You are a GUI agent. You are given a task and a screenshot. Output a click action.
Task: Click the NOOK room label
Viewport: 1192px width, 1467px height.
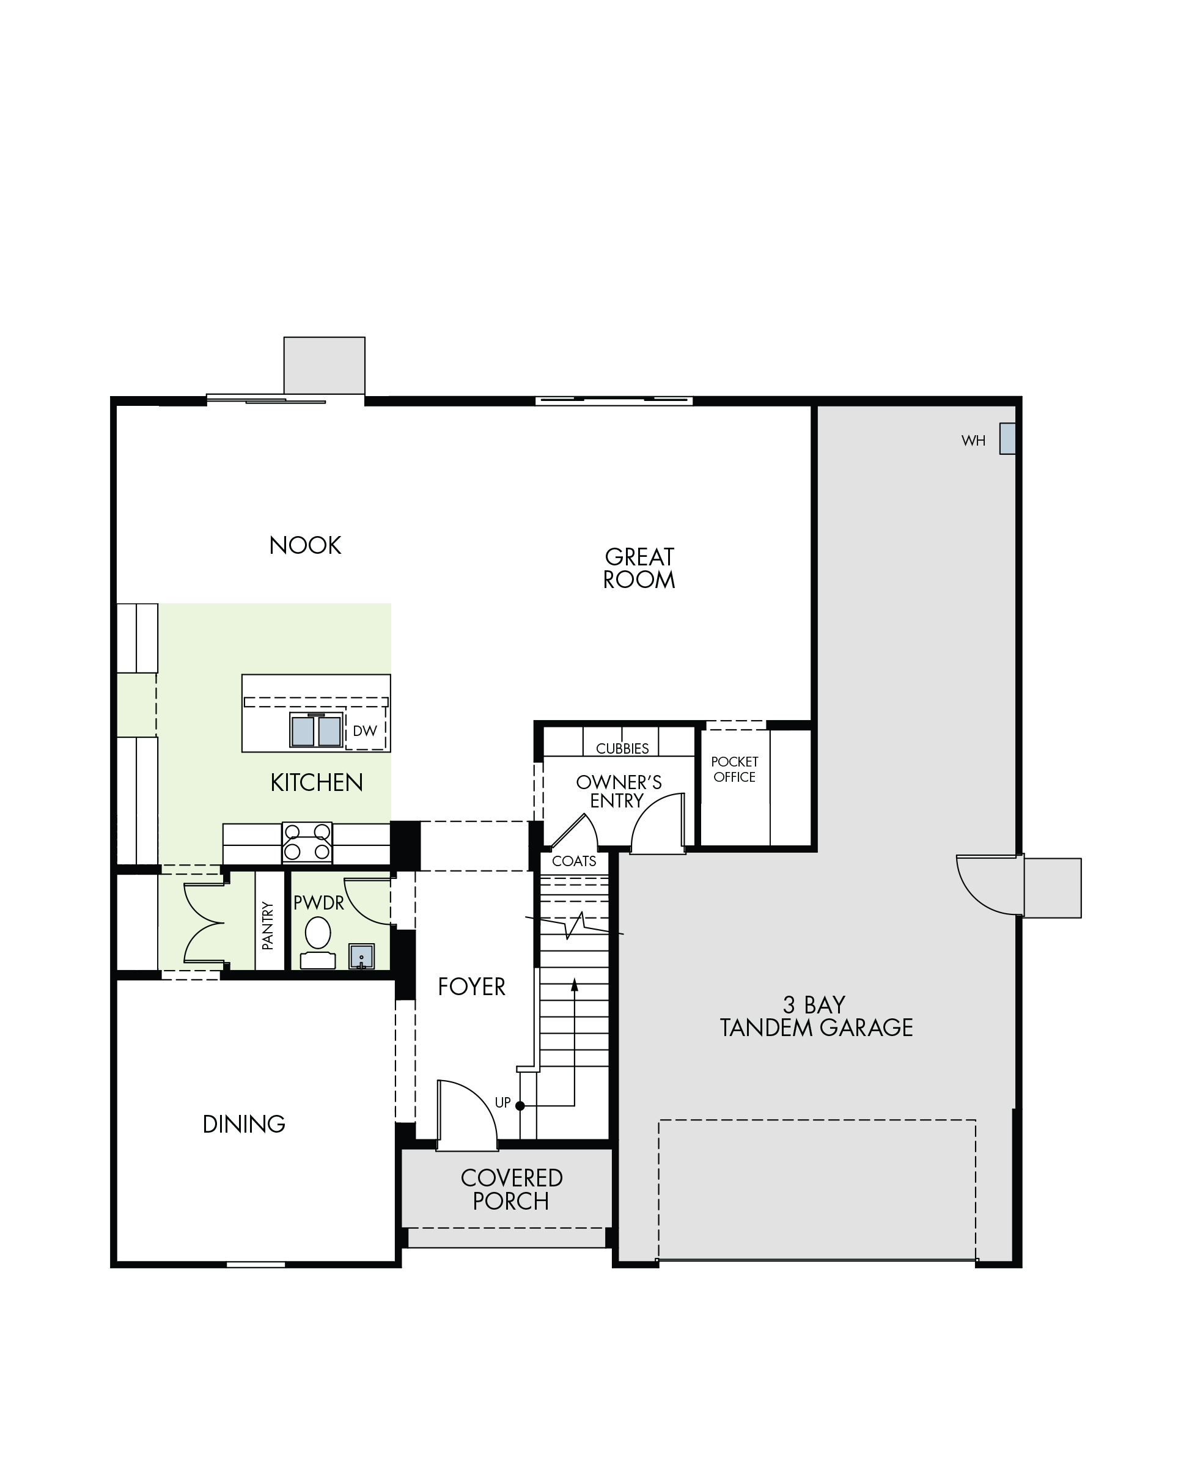305,546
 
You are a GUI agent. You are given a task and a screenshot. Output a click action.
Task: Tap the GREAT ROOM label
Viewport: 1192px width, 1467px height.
639,568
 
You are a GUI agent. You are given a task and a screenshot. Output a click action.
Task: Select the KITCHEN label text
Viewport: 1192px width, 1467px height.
317,782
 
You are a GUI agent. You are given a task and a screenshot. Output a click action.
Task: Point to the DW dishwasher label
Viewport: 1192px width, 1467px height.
364,731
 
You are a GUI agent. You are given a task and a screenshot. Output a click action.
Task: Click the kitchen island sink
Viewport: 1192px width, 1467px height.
316,730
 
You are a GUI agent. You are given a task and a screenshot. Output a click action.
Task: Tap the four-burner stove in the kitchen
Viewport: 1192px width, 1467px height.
307,842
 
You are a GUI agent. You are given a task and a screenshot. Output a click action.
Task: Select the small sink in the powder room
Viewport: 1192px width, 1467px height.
362,956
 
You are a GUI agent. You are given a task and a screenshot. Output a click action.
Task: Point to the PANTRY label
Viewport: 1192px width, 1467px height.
268,925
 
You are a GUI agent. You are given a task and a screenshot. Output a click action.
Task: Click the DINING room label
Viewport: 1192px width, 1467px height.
244,1125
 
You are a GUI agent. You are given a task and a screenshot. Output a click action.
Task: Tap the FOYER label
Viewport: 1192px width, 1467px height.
472,987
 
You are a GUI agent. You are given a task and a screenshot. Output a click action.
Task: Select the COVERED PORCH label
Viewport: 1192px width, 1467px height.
512,1189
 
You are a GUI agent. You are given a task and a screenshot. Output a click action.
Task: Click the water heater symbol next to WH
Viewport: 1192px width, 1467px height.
1007,439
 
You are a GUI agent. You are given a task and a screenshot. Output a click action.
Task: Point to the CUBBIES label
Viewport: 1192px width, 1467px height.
622,749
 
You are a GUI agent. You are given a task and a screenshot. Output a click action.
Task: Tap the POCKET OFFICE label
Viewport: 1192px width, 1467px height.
735,770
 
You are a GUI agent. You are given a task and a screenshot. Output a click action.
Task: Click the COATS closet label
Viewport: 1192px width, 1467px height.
574,861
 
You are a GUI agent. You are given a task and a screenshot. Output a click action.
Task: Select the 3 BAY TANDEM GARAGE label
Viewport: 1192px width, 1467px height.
817,1016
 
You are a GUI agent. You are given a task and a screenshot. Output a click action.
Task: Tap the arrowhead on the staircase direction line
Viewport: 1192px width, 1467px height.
574,985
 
